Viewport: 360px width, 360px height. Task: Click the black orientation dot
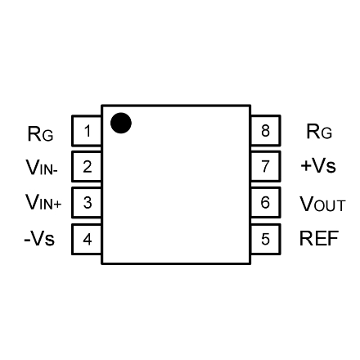click(x=121, y=123)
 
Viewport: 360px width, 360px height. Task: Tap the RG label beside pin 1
click(x=40, y=133)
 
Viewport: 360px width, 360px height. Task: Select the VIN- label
click(x=42, y=167)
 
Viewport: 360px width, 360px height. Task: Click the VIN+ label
click(x=43, y=202)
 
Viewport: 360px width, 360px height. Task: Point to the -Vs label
click(x=39, y=238)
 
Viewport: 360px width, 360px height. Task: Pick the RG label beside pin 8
click(x=319, y=132)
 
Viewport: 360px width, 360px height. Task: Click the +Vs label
click(x=318, y=165)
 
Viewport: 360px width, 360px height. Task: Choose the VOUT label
click(x=322, y=204)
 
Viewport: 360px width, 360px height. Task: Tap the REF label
click(x=319, y=238)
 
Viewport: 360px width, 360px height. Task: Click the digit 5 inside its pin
click(x=265, y=239)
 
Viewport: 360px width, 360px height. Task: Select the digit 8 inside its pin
click(x=265, y=131)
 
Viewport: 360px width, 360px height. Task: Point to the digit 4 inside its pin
click(x=88, y=240)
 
